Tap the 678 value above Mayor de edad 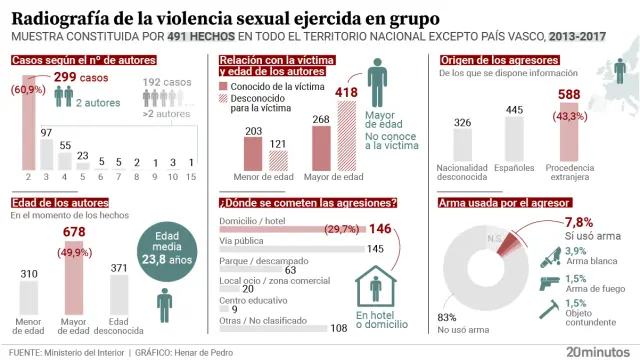click(74, 233)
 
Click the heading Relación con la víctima click(276, 60)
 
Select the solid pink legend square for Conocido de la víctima click(224, 87)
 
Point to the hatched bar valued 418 click(347, 138)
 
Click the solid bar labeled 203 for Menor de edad click(253, 154)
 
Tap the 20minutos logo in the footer click(599, 351)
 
